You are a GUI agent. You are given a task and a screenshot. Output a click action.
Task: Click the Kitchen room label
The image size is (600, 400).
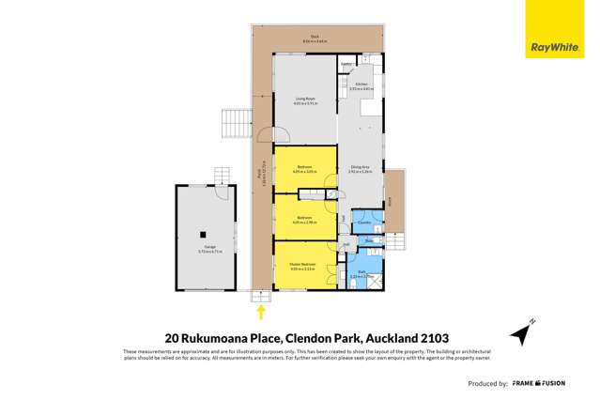click(362, 85)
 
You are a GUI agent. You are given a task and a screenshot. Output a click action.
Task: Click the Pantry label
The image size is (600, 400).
click(346, 65)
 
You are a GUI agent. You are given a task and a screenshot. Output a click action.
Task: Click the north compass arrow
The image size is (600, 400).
click(522, 331)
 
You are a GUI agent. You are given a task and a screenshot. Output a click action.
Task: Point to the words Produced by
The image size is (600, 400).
click(488, 384)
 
